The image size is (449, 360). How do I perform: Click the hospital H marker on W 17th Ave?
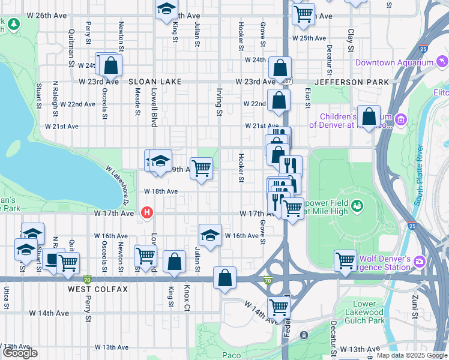pyautogui.click(x=146, y=212)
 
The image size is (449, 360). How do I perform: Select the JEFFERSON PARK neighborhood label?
pyautogui.click(x=352, y=82)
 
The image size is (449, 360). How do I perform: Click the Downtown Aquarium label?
pyautogui.click(x=394, y=62)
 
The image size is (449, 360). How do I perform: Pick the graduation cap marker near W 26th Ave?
pyautogui.click(x=166, y=10)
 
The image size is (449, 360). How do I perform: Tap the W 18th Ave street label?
pyautogui.click(x=160, y=191)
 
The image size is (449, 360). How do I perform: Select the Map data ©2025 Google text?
pyautogui.click(x=412, y=355)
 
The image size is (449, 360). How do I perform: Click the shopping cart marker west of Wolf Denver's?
pyautogui.click(x=345, y=260)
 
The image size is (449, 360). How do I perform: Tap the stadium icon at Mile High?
pyautogui.click(x=358, y=206)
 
